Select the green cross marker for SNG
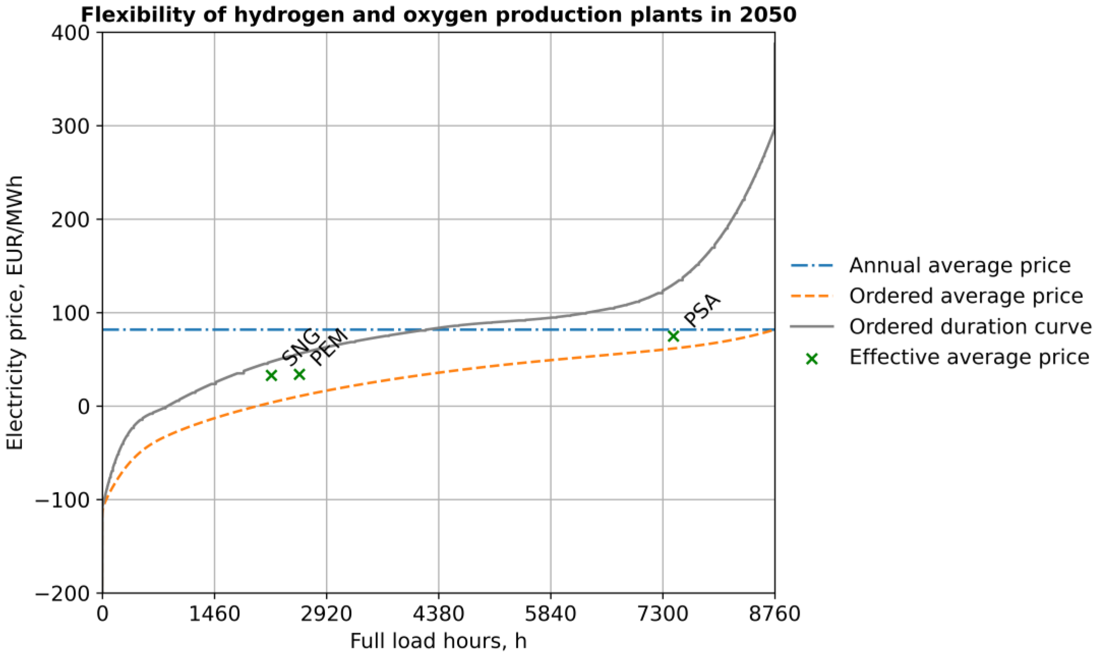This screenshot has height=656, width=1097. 271,375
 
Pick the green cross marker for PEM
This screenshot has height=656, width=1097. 299,374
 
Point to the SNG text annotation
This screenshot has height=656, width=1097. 300,347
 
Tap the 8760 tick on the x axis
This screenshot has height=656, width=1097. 774,614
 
